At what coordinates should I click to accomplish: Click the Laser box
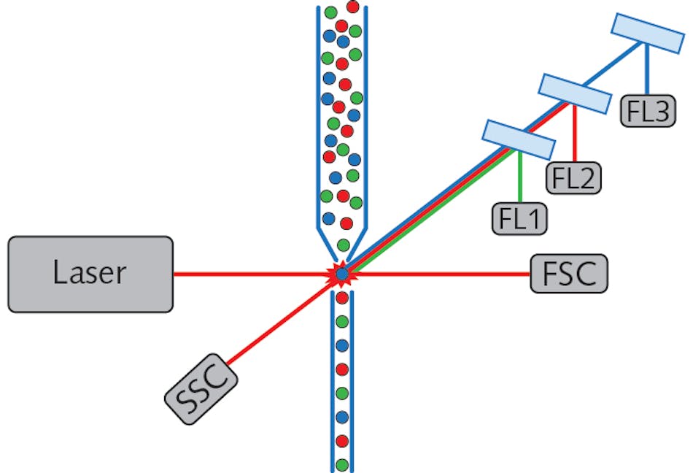(x=90, y=274)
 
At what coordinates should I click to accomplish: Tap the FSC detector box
(x=568, y=274)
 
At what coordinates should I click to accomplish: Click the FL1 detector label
(x=519, y=219)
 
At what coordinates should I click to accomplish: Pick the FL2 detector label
(x=574, y=177)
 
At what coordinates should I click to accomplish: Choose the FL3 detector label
(x=648, y=111)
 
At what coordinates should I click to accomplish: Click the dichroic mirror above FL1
(x=518, y=140)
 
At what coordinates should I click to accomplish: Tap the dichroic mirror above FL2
(x=573, y=93)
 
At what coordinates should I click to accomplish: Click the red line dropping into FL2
(x=576, y=135)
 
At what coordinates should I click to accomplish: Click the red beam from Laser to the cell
(x=248, y=274)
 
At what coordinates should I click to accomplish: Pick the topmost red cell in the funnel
(x=353, y=7)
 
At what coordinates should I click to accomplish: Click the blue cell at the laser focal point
(x=342, y=274)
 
